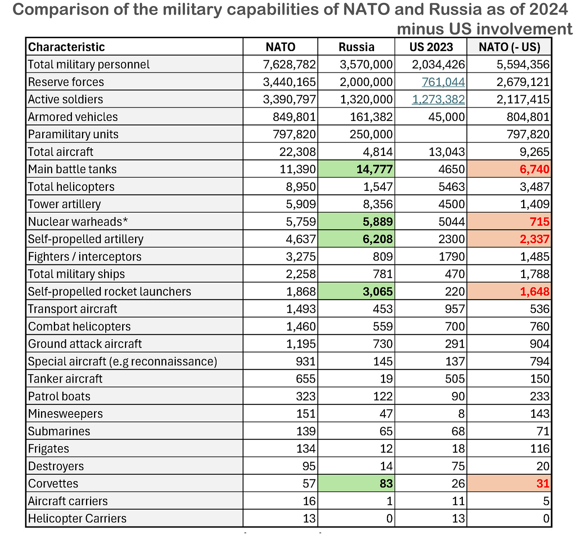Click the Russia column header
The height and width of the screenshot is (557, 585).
tap(356, 47)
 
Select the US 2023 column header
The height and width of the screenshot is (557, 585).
tap(431, 47)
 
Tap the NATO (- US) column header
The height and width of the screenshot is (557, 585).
tap(509, 47)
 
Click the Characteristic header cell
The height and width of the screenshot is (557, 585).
tap(67, 47)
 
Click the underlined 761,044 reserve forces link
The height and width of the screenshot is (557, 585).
tap(444, 82)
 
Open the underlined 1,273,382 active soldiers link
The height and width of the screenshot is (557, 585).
tap(439, 99)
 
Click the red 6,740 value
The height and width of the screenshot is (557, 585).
tap(534, 169)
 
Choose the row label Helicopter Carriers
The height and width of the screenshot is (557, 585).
tap(77, 518)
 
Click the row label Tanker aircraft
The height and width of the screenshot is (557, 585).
tap(65, 379)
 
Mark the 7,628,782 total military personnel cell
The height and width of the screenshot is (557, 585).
tap(289, 64)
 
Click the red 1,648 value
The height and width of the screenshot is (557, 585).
tap(534, 291)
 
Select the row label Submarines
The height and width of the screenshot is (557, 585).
tap(59, 431)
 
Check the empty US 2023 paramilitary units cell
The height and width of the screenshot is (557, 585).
tap(431, 134)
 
